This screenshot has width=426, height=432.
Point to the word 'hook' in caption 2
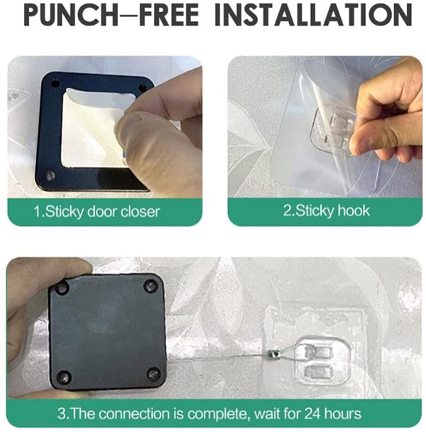[x=354, y=211]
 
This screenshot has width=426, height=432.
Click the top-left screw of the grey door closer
[x=62, y=288]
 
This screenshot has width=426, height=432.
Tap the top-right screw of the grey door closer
[x=151, y=284]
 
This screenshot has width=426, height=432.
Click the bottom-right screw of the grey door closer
[x=153, y=374]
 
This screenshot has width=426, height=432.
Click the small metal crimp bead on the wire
[x=274, y=353]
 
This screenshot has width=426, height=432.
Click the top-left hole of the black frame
[x=55, y=83]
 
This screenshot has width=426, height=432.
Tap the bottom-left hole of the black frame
[x=50, y=175]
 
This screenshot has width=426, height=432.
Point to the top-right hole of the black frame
[x=143, y=87]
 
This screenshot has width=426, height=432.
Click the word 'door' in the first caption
[x=102, y=212]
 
